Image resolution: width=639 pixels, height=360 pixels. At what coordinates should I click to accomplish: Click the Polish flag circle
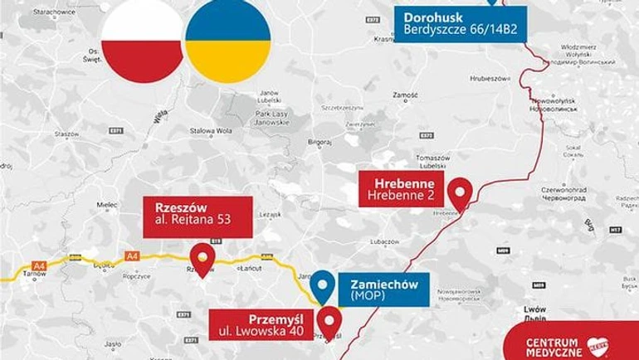(x=142, y=41)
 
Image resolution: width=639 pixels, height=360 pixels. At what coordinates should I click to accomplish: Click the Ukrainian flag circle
(x=227, y=41)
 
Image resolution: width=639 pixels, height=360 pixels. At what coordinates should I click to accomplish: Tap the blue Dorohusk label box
(x=460, y=23)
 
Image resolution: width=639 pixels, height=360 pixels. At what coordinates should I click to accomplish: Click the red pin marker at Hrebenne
(x=459, y=192)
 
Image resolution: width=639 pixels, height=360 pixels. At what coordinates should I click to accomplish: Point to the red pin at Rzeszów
(x=202, y=258)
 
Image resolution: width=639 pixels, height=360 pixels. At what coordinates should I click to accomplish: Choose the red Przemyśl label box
(x=261, y=326)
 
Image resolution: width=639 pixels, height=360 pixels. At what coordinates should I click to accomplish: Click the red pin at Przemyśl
(x=329, y=322)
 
